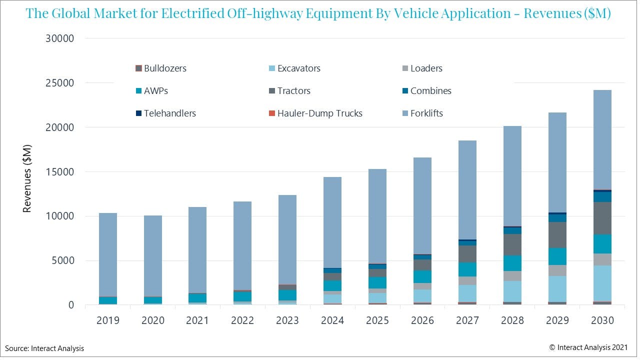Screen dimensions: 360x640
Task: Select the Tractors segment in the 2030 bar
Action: point(602,218)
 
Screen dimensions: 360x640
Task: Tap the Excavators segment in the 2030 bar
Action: point(602,283)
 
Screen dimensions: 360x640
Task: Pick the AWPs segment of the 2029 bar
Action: point(557,256)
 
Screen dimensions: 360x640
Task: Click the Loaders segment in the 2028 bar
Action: point(512,276)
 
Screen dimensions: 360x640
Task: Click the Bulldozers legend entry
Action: point(160,68)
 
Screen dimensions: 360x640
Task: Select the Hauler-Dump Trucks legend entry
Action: point(315,113)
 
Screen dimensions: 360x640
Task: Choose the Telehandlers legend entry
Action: point(165,113)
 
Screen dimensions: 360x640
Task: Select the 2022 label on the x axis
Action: point(242,320)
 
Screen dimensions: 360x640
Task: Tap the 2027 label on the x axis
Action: point(467,320)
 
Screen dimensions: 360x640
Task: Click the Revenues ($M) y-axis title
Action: point(27,178)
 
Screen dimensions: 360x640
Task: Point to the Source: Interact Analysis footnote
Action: point(45,348)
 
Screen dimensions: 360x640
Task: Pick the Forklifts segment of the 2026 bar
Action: point(422,205)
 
